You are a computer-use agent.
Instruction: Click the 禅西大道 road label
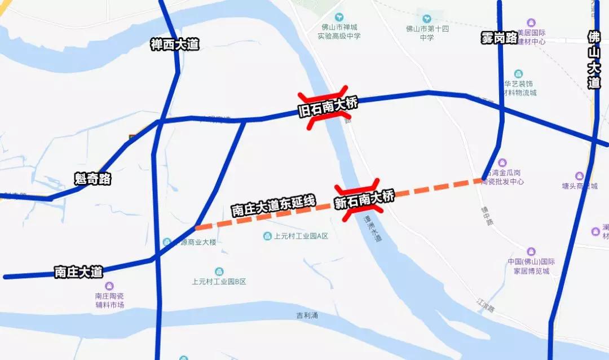175,44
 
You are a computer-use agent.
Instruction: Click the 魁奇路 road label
92,179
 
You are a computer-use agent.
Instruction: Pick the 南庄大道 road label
79,272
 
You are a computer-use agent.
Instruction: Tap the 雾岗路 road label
499,38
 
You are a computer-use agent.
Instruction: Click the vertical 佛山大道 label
594,60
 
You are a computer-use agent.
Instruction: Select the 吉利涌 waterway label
307,315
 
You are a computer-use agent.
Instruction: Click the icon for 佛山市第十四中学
427,19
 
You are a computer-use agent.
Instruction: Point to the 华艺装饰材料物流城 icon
518,74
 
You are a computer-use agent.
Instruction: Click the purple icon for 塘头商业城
579,176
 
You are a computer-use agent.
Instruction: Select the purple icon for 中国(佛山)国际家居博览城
531,252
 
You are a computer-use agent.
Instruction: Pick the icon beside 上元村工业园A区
268,236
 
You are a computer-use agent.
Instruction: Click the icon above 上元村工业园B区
219,271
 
